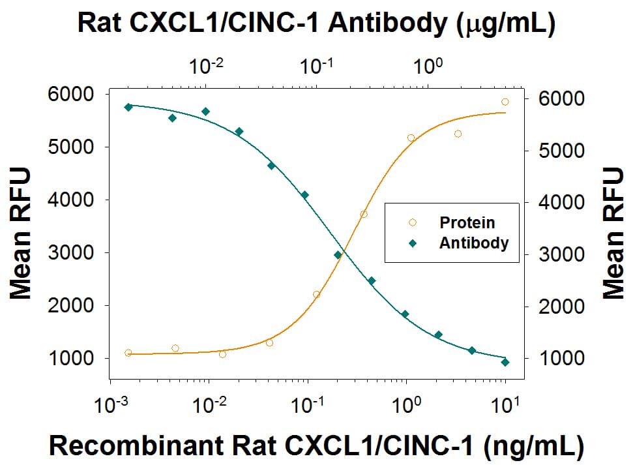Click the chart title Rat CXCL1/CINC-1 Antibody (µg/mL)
pyautogui.click(x=316, y=23)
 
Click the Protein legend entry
pyautogui.click(x=467, y=222)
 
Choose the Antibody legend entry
pyautogui.click(x=473, y=243)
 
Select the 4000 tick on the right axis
pyautogui.click(x=564, y=202)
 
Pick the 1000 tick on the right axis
pyautogui.click(x=564, y=358)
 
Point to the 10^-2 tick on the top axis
pyautogui.click(x=207, y=65)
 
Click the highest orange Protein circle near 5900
pyautogui.click(x=505, y=102)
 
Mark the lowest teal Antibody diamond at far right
pyautogui.click(x=505, y=362)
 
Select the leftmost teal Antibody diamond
pyautogui.click(x=128, y=107)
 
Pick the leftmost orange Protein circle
pyautogui.click(x=128, y=353)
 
